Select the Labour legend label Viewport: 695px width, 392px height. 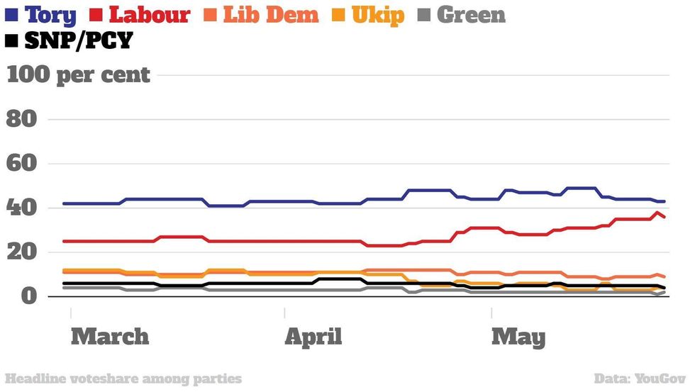150,14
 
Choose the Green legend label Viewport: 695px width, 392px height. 471,14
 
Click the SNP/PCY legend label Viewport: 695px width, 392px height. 78,41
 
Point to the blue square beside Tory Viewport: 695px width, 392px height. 11,14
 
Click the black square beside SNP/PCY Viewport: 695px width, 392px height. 11,41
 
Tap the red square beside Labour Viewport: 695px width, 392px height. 99,14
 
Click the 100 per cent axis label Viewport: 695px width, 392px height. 78,74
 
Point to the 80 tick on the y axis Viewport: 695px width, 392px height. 22,119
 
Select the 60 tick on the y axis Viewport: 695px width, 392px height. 22,164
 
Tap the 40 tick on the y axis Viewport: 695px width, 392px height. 22,208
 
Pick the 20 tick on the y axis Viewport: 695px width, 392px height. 22,252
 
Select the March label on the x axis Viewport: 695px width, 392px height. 110,336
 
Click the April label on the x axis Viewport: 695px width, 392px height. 313,336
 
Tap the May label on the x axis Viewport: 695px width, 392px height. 518,336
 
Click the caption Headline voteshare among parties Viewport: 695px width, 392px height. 123,379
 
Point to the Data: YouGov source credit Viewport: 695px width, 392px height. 640,379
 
